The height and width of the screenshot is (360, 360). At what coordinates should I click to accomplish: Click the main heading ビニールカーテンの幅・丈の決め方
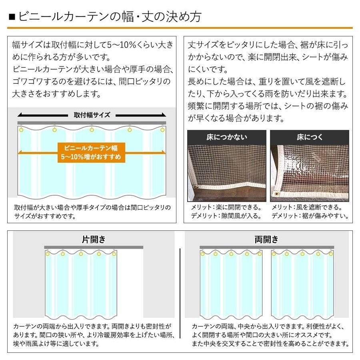(108, 17)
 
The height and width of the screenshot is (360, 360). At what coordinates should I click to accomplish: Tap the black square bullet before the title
(12, 17)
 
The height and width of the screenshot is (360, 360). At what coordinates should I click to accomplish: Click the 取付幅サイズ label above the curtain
(92, 115)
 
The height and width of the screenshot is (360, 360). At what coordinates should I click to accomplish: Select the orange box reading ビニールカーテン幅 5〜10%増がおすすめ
(92, 152)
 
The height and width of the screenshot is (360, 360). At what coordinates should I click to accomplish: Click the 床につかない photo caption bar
(227, 137)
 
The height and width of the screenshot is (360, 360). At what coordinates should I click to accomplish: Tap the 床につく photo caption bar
(309, 137)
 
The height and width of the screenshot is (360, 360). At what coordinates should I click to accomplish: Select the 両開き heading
(266, 240)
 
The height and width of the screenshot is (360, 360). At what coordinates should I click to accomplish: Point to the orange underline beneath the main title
(180, 28)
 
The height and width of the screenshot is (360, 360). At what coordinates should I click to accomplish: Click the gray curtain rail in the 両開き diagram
(266, 247)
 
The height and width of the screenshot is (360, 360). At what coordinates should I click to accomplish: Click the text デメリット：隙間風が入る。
(226, 216)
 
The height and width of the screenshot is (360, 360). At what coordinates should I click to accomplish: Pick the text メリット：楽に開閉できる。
(226, 207)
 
